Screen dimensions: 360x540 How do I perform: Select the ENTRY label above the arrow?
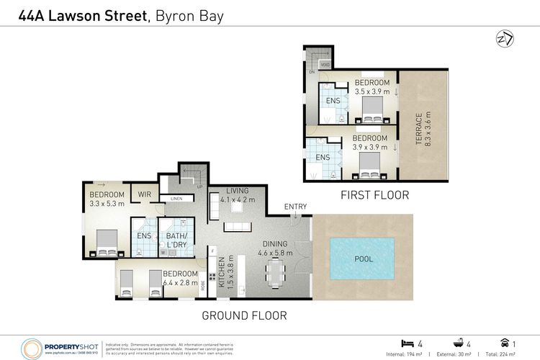295,207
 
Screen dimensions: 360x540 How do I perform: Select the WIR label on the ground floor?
144,194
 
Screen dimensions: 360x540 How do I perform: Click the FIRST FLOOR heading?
375,194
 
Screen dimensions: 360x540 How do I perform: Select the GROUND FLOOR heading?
244,315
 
